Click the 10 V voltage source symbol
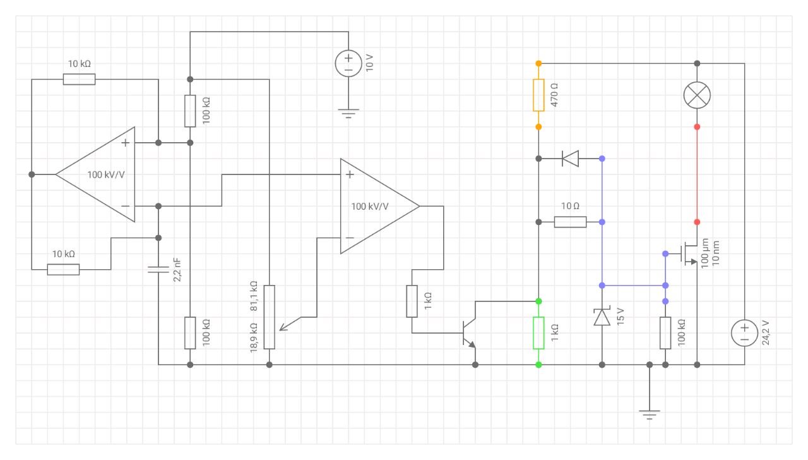tap(348, 64)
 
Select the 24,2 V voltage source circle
tap(744, 333)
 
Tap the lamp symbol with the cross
tap(697, 95)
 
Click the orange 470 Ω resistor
tap(538, 95)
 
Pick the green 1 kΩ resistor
tap(538, 333)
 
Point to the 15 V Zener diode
tap(602, 317)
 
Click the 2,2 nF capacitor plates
tap(158, 269)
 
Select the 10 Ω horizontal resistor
tap(570, 222)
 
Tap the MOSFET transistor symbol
tap(689, 254)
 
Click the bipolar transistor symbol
tap(469, 333)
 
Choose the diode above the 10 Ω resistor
tap(570, 159)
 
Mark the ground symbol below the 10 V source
tap(348, 113)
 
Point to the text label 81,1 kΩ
tap(254, 296)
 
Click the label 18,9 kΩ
tap(254, 337)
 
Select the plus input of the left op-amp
tap(125, 143)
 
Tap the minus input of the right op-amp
tap(350, 238)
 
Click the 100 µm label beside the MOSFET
tap(705, 253)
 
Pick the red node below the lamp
tap(697, 127)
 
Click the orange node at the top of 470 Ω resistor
tap(538, 64)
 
